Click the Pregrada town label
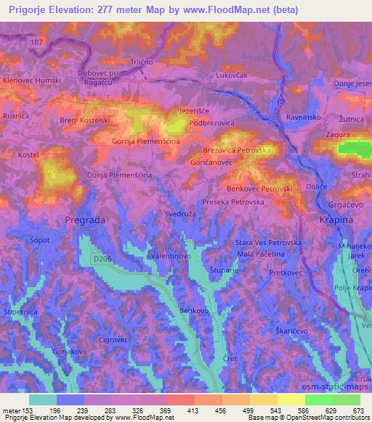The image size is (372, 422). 85,218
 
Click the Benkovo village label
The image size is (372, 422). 194,310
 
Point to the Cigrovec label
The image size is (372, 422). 113,339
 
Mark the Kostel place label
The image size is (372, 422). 28,156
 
